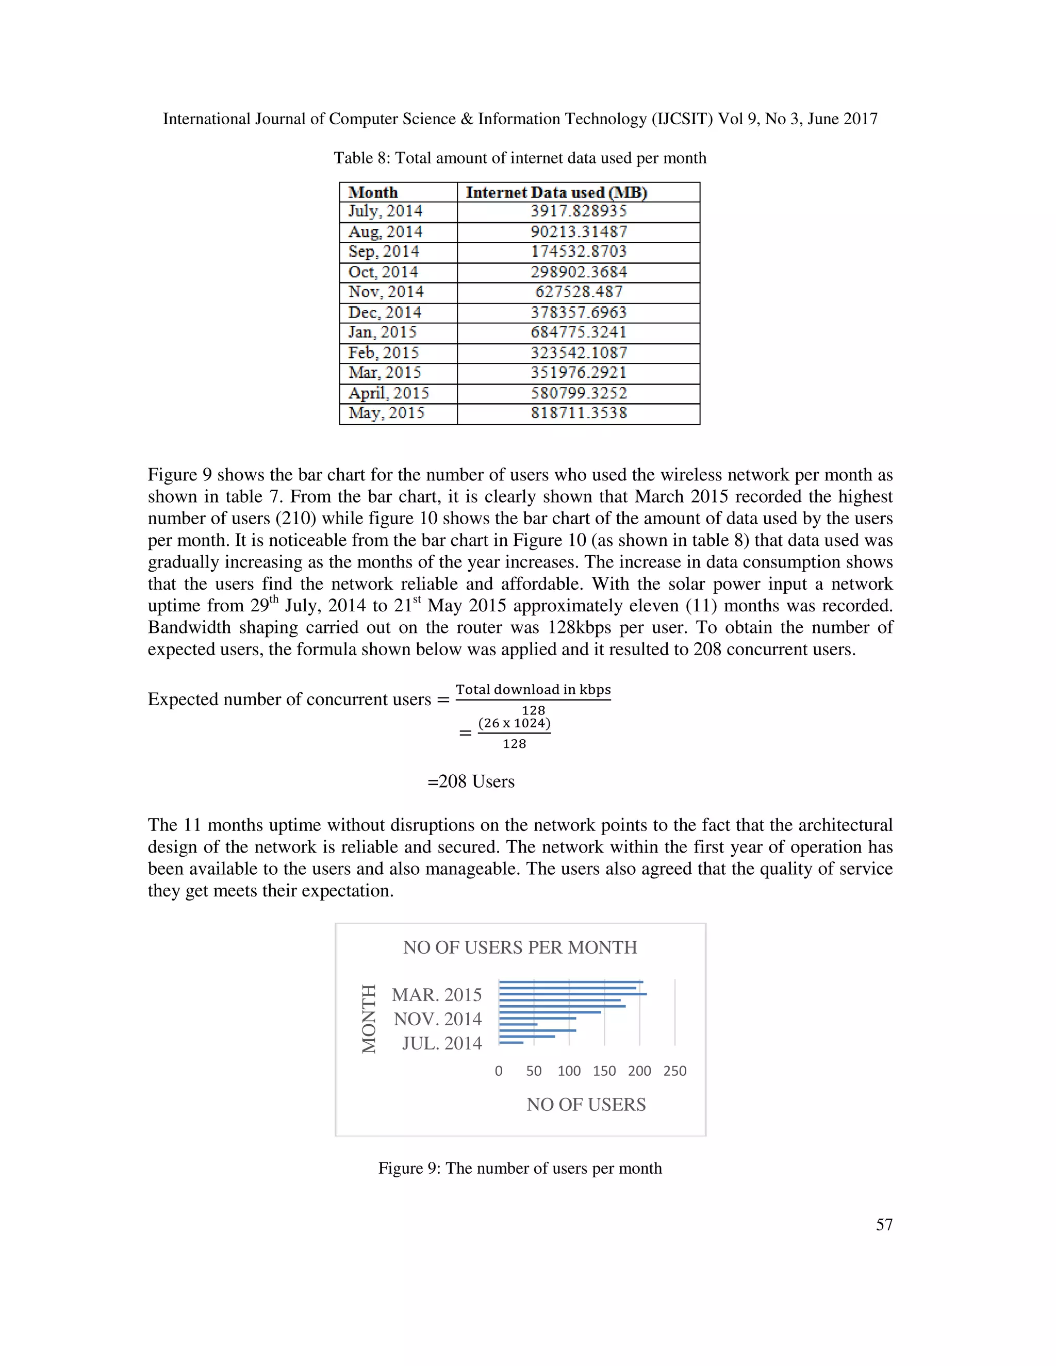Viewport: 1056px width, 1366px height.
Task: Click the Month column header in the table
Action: click(373, 192)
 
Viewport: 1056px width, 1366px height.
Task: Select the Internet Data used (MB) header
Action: click(556, 192)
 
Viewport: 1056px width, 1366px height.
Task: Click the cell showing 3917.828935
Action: click(579, 211)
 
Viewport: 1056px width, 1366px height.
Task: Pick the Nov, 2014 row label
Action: click(386, 292)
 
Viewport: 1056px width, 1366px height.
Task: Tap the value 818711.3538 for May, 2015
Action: click(579, 413)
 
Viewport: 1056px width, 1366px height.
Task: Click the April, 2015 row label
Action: click(388, 393)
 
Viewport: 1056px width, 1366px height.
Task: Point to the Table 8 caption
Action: click(520, 158)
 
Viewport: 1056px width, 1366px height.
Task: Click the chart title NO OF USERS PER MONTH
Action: click(520, 947)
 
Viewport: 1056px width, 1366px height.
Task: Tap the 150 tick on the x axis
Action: click(604, 1071)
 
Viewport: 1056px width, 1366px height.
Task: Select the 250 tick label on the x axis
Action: click(675, 1071)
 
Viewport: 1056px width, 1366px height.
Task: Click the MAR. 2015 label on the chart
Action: click(437, 994)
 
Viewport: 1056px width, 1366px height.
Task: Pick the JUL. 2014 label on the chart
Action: click(442, 1043)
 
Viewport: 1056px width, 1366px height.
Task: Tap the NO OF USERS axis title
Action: click(586, 1104)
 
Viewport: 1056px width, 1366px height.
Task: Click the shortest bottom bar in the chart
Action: click(511, 1043)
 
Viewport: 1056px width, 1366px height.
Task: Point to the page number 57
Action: click(884, 1224)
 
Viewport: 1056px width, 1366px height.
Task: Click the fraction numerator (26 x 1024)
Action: click(514, 724)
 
